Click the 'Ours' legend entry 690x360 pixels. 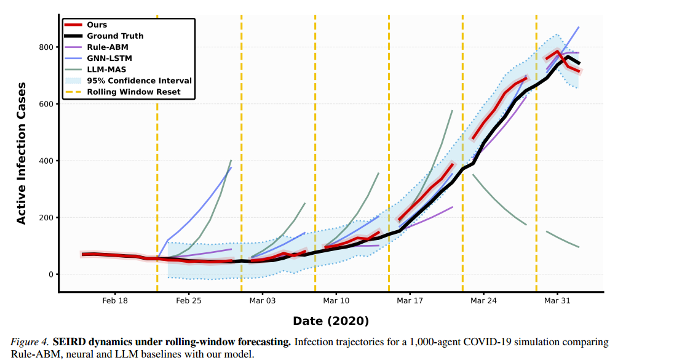[86, 25]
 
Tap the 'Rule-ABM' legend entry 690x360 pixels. [97, 47]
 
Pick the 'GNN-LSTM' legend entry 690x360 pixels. [98, 58]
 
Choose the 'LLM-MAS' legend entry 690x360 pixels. [95, 70]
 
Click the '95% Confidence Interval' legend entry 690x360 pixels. [129, 81]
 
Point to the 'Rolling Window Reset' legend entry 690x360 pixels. [123, 92]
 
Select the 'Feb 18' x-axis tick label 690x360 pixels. [115, 300]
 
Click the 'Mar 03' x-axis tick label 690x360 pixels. [262, 300]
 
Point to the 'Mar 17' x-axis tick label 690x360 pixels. [410, 300]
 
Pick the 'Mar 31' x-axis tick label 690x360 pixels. [557, 300]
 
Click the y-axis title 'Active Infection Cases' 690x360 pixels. [21, 153]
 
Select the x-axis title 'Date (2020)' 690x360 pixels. [331, 321]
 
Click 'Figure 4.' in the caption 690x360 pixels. [30, 342]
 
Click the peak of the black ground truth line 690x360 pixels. [568, 57]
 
